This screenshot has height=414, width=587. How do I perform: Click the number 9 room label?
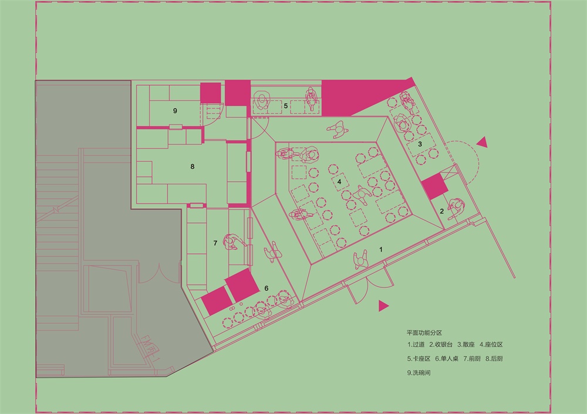175,111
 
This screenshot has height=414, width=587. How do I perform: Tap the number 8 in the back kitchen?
193,167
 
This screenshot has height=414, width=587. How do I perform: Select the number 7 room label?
215,243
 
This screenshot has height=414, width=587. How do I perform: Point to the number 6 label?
266,288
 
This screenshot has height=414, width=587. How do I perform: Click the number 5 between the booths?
286,106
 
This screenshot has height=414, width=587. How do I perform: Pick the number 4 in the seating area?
339,181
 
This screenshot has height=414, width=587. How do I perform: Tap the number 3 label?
420,144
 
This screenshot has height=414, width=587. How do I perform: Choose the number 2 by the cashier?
442,211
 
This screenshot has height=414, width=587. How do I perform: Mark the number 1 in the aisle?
381,249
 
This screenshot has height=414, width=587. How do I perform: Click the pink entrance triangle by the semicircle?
483,142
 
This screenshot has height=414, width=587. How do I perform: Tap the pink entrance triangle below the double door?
383,306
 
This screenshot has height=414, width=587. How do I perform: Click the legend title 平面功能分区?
424,332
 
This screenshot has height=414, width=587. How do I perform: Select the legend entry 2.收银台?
441,344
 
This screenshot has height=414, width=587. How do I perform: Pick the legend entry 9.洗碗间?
419,373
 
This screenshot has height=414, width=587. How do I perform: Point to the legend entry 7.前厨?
472,359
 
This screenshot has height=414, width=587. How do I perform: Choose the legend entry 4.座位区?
491,344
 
